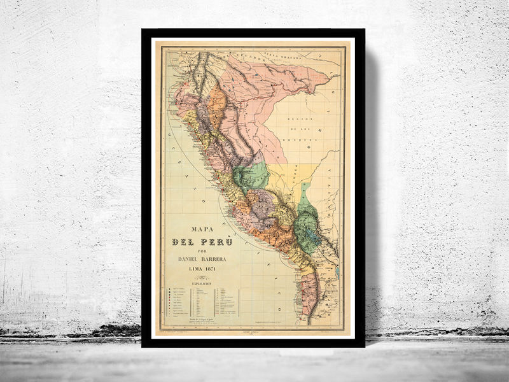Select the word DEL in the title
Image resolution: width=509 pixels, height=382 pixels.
(184, 243)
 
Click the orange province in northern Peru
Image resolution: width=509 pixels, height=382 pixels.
(216, 105)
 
